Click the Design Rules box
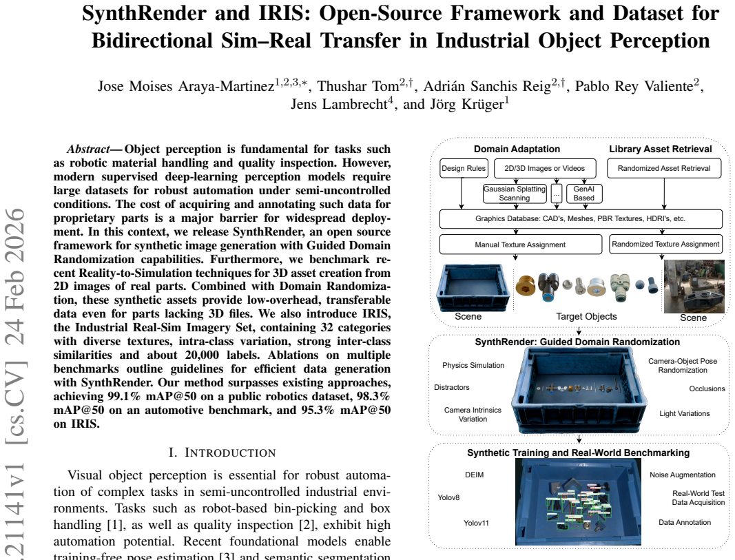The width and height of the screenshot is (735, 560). (464, 168)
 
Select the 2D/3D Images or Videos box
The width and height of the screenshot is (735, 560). (545, 168)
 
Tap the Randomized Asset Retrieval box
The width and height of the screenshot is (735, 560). (664, 168)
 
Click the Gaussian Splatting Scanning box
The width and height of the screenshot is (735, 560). (515, 193)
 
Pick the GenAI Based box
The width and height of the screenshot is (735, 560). (583, 193)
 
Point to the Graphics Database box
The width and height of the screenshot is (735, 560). (580, 219)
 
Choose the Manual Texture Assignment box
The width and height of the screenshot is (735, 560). (520, 245)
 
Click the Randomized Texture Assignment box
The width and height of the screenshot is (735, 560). (665, 244)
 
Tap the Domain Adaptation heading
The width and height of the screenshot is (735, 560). (517, 149)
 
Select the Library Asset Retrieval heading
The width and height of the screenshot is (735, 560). (660, 149)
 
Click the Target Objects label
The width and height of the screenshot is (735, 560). (586, 316)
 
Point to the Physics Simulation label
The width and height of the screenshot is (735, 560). (473, 365)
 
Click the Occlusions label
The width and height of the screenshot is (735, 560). (707, 388)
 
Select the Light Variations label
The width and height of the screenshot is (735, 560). (685, 413)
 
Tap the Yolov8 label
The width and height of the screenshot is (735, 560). (448, 497)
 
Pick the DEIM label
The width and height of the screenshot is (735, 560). (474, 475)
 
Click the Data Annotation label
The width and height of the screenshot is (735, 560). (685, 522)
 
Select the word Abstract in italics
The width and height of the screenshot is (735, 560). (88, 149)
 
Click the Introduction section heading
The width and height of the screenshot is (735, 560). (222, 453)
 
